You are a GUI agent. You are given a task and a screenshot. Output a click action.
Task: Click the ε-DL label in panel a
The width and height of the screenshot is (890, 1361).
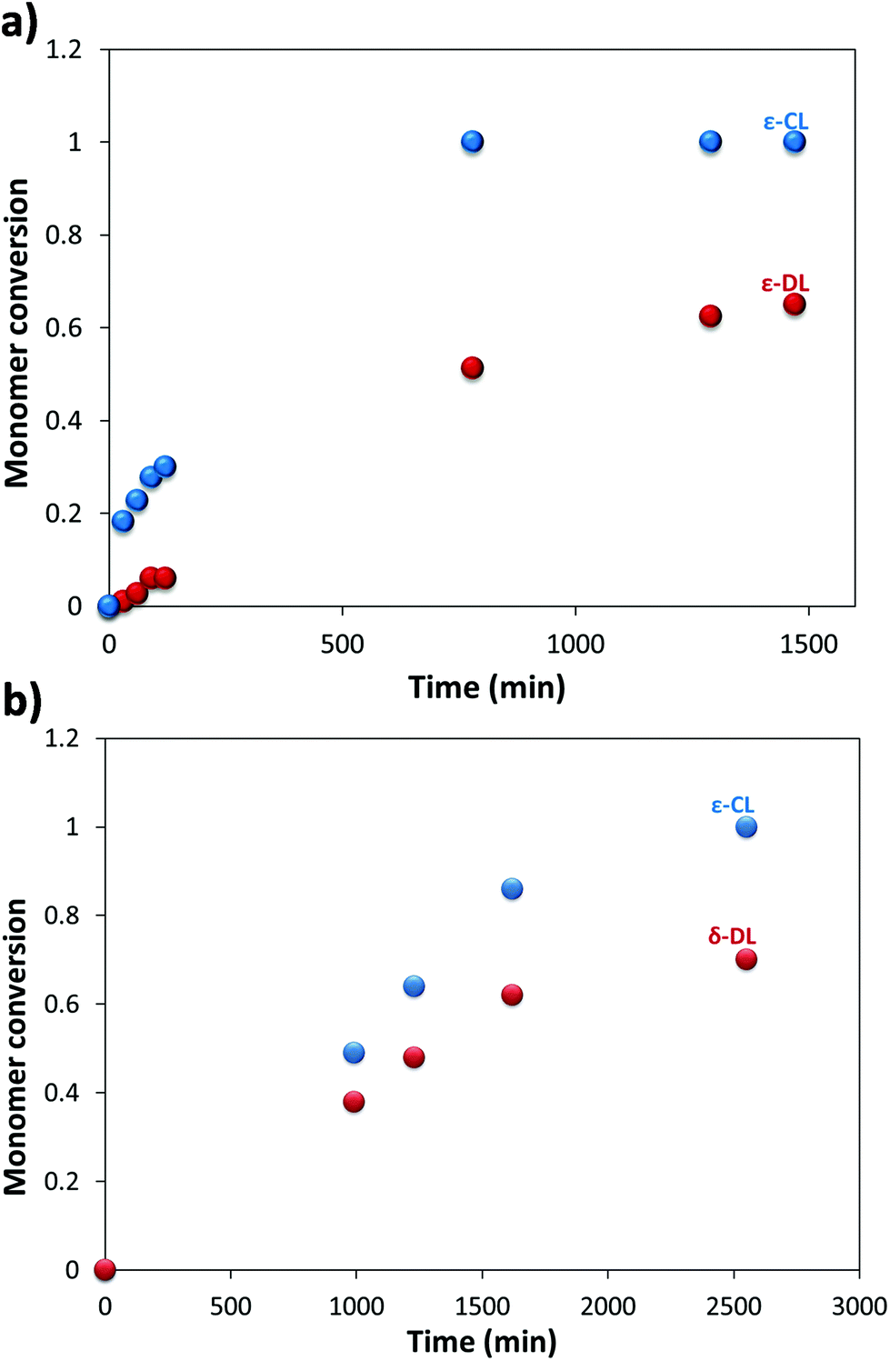point(785,284)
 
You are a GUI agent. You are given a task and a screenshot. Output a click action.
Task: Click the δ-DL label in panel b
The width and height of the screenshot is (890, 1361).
point(732,936)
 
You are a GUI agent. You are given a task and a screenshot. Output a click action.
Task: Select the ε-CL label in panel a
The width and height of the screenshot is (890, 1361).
point(785,122)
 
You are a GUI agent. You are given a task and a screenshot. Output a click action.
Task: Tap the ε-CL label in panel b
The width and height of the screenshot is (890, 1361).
point(732,806)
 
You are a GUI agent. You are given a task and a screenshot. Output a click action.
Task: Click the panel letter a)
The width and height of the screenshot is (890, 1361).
point(19,23)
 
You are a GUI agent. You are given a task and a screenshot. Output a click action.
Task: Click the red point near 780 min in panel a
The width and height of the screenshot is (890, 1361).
point(472,368)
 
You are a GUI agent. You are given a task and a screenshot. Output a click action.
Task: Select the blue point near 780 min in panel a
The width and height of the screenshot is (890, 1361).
point(472,142)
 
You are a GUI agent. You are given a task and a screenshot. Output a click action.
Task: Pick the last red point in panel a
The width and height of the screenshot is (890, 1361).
point(795,305)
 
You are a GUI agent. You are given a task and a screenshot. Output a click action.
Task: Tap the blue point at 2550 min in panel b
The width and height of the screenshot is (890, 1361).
point(745,827)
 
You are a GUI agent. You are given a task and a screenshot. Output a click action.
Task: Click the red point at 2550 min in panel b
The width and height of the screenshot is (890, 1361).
point(745,959)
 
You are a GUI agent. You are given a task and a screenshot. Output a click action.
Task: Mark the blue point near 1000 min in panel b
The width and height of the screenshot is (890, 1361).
point(354,1053)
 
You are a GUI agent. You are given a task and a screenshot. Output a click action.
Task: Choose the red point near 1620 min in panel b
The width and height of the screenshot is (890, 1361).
point(512,995)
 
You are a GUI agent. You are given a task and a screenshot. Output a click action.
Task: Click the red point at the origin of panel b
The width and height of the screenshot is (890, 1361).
point(105,1269)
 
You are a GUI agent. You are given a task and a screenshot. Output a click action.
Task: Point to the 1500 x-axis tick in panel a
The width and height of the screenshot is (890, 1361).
point(808,645)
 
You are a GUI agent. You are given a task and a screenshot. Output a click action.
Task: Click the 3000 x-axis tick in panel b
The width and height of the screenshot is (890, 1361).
point(859,1306)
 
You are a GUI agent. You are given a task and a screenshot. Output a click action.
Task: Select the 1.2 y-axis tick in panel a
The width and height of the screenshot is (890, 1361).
point(64,49)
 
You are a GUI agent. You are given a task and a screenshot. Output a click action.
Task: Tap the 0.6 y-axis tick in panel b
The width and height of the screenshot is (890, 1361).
point(63,1004)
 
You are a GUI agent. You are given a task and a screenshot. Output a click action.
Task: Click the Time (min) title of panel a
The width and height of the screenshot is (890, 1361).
point(486,687)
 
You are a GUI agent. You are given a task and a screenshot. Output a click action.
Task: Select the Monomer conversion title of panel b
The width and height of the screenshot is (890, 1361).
point(16,1046)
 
